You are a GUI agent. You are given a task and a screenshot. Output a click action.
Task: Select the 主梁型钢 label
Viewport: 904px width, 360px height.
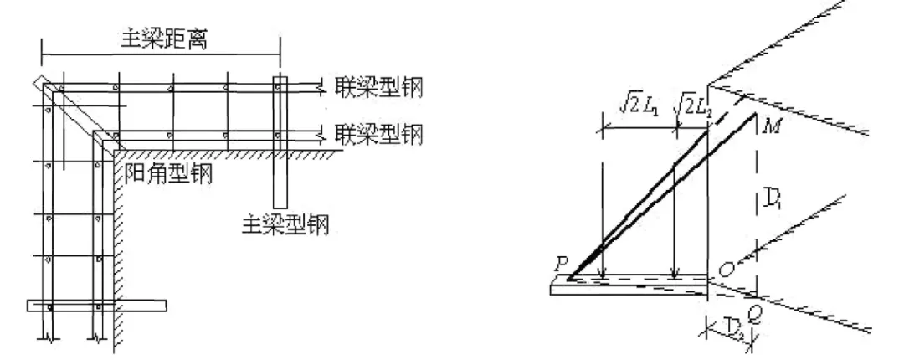tap(285, 224)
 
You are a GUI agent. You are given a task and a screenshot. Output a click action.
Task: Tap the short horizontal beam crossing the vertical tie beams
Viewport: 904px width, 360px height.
tap(97, 305)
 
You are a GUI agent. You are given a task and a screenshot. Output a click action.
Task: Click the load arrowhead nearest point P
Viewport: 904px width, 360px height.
tap(603, 271)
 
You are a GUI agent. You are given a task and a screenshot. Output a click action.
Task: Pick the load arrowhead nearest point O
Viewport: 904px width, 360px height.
tap(674, 271)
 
